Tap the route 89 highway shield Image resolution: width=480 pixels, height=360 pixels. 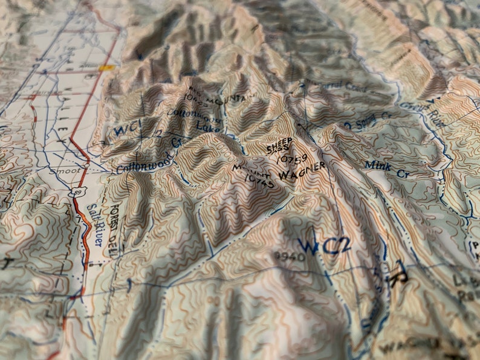[x=73, y=193]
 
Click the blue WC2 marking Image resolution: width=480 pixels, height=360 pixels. [x=324, y=246]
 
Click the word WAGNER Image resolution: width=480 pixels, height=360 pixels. [x=302, y=170]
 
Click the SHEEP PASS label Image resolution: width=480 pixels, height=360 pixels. [x=279, y=146]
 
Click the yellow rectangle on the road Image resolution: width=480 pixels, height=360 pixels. [x=107, y=68]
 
